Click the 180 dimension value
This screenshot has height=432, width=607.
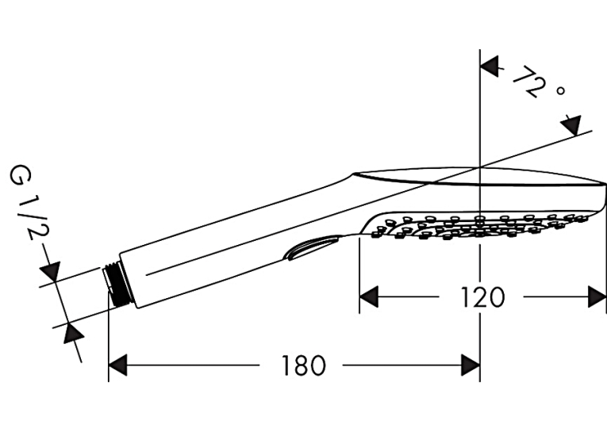tap(303, 365)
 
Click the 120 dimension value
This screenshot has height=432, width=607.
tap(482, 297)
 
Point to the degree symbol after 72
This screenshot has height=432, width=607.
tap(559, 91)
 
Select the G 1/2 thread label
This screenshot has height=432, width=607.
tap(30, 201)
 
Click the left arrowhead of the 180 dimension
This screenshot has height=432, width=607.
tap(117, 365)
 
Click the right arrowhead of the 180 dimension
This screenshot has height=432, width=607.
tap(471, 365)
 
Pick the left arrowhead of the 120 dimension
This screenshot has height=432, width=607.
tap(369, 297)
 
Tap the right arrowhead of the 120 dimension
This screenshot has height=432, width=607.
tap(597, 297)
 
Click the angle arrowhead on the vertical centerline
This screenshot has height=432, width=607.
tap(490, 66)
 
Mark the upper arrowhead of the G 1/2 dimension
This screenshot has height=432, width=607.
tap(51, 272)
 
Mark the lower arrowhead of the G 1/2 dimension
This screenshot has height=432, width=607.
tap(75, 332)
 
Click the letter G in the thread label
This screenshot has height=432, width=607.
tap(20, 175)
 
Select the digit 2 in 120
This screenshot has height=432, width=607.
tap(482, 297)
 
